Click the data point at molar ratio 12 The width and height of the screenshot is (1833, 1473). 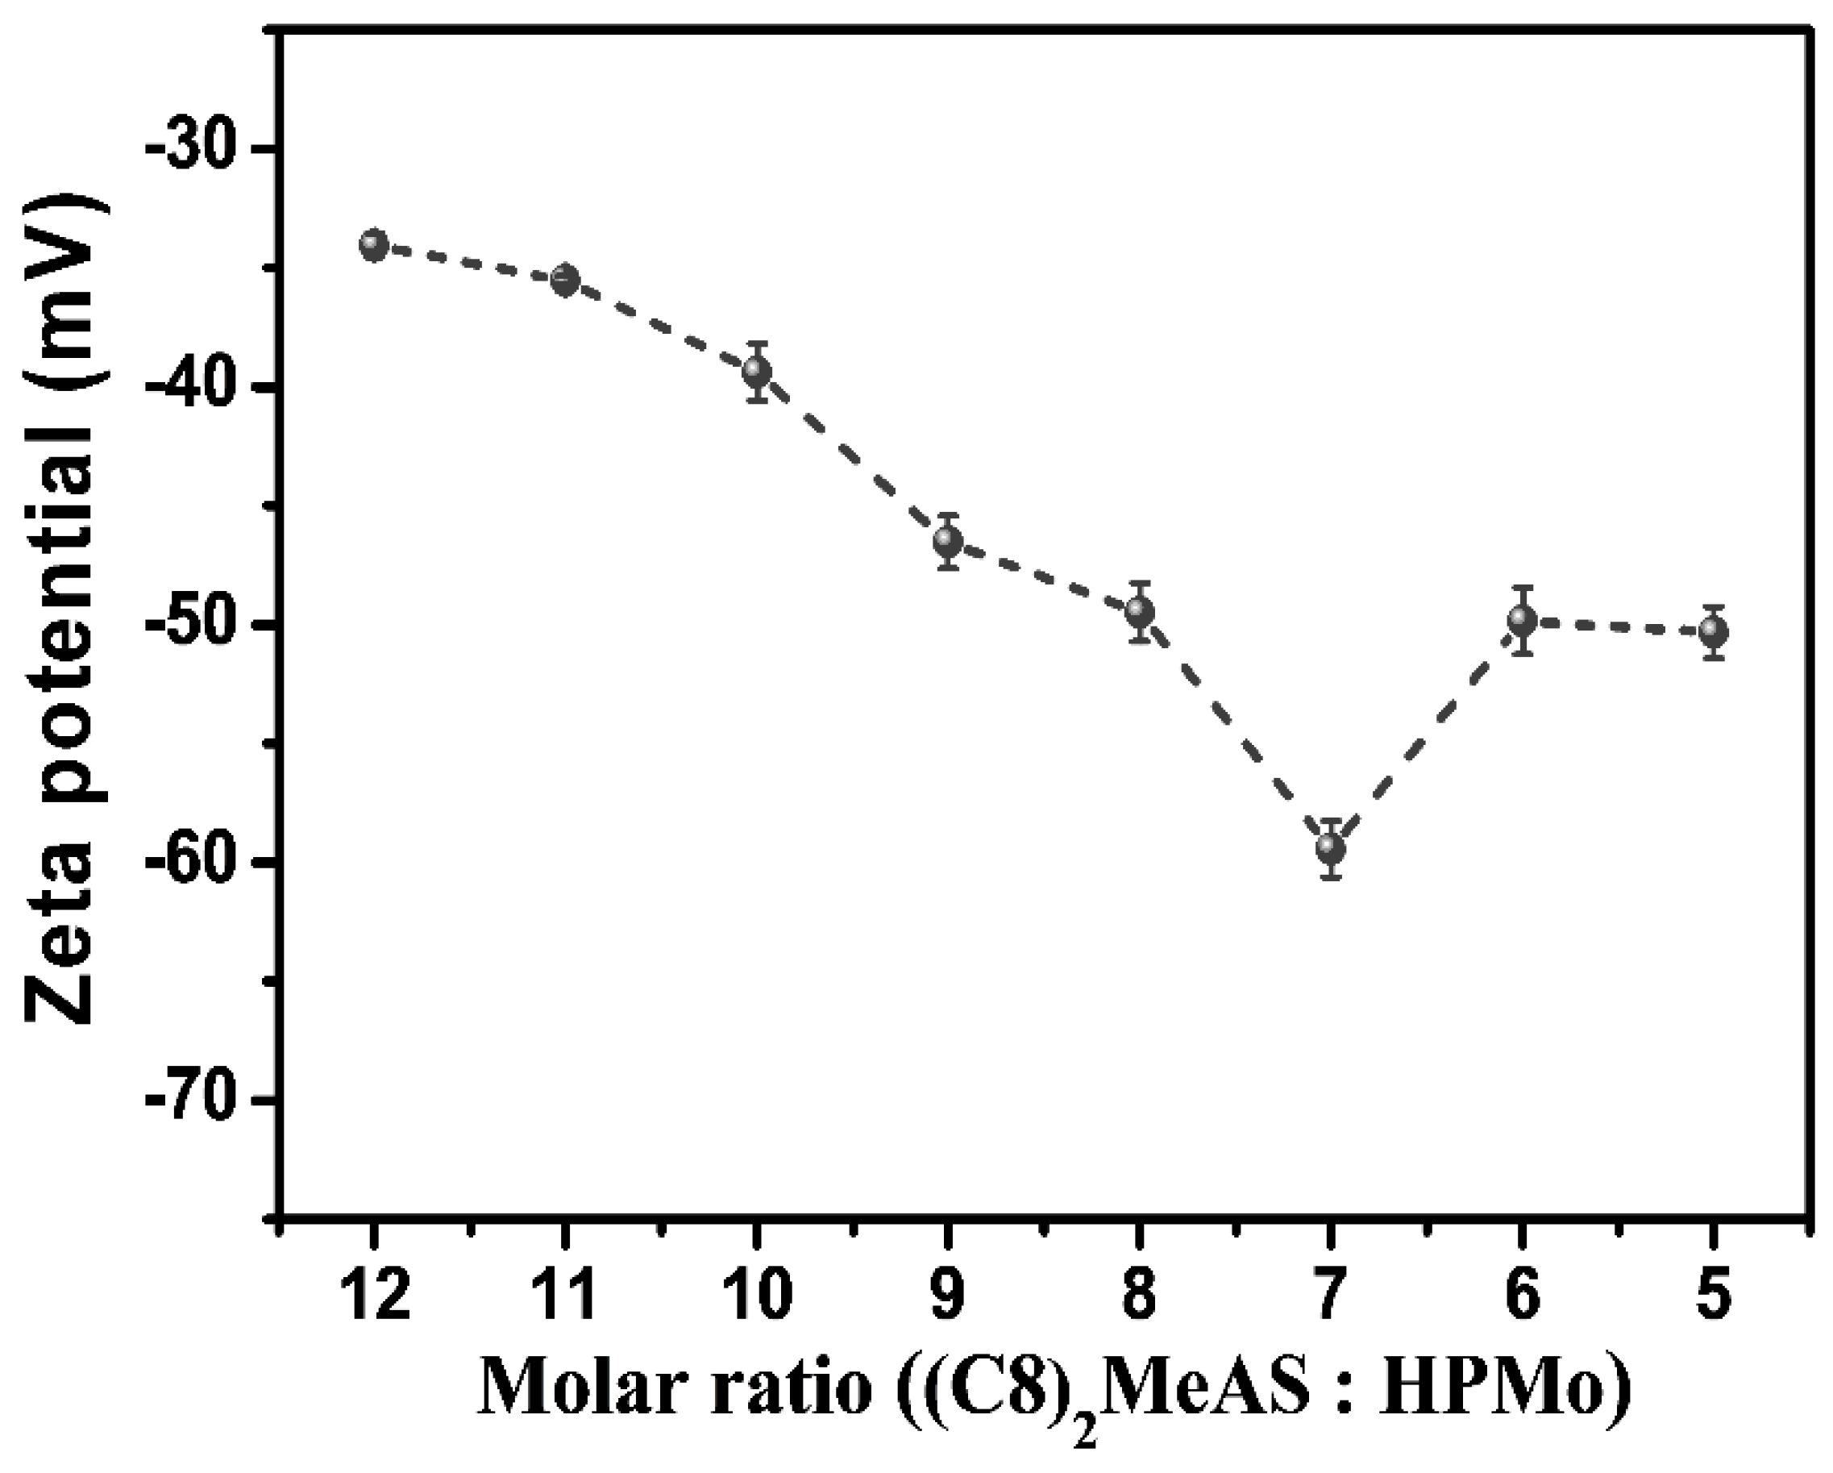(x=374, y=245)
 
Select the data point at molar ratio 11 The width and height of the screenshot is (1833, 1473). (x=565, y=280)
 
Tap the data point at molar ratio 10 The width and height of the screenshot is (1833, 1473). (x=757, y=372)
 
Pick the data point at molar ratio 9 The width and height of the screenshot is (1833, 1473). (x=948, y=541)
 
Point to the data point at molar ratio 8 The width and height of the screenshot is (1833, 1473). (x=1140, y=611)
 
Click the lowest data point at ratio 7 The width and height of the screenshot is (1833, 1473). (x=1332, y=848)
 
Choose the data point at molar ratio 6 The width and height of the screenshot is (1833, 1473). (x=1523, y=620)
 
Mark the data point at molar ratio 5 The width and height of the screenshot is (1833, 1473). (x=1714, y=632)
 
